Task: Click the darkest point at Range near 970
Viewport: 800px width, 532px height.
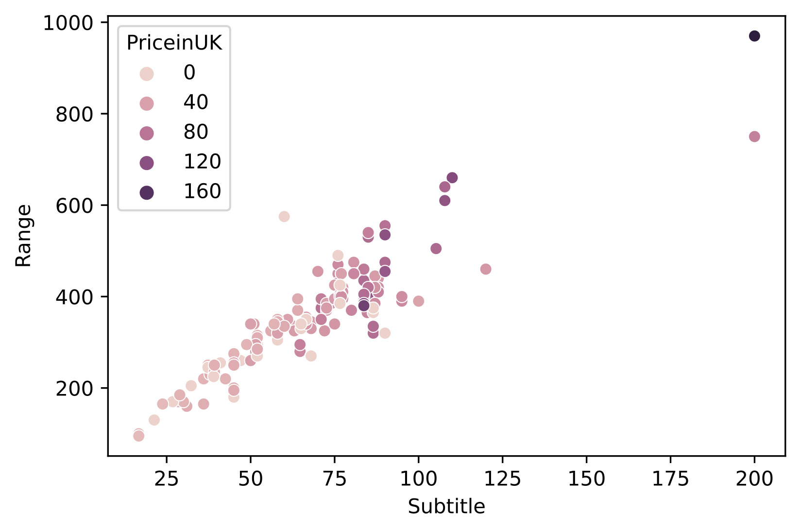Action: click(x=754, y=36)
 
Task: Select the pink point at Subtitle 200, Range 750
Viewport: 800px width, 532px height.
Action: click(x=754, y=137)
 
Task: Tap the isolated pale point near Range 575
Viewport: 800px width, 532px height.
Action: click(x=284, y=217)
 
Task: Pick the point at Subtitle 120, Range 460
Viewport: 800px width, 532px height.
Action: click(x=485, y=269)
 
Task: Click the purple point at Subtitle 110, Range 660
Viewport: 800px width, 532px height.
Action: click(x=452, y=178)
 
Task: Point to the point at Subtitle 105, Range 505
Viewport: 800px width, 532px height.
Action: click(x=436, y=249)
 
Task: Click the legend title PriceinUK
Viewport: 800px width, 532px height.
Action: click(x=174, y=43)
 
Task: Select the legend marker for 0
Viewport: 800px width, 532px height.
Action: click(x=147, y=74)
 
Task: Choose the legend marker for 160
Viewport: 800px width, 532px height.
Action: click(x=147, y=193)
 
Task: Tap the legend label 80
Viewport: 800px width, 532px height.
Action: click(x=196, y=132)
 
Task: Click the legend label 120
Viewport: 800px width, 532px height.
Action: click(x=202, y=161)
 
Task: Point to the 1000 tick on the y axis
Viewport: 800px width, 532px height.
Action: click(x=68, y=23)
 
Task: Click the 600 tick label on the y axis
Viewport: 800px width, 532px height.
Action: click(x=74, y=206)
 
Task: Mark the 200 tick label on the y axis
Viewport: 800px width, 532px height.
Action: click(x=74, y=389)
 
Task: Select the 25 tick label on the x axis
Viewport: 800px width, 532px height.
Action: click(x=167, y=479)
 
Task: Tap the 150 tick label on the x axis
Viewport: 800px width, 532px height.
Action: click(x=586, y=479)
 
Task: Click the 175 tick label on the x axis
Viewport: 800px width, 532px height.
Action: click(x=670, y=479)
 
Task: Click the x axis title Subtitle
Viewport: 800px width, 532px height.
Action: click(x=446, y=507)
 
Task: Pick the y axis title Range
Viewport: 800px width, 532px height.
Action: click(x=23, y=236)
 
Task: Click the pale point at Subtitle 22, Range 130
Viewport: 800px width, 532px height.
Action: click(x=154, y=420)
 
